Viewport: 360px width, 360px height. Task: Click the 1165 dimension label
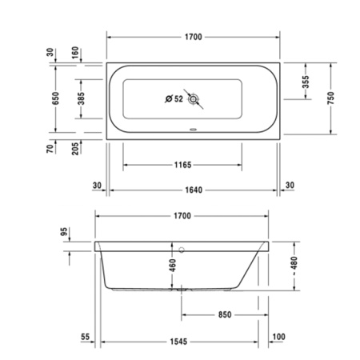[182, 165]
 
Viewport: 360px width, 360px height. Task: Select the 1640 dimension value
[194, 190]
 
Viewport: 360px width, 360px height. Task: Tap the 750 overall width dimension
[330, 98]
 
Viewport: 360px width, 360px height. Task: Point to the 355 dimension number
[306, 82]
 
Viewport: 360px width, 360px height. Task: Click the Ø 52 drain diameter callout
[174, 99]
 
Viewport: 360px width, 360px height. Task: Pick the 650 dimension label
[55, 98]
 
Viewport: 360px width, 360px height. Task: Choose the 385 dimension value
[82, 98]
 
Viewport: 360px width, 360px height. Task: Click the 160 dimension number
[75, 53]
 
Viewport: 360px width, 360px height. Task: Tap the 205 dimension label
[75, 148]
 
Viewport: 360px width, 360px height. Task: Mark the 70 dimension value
[50, 149]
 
